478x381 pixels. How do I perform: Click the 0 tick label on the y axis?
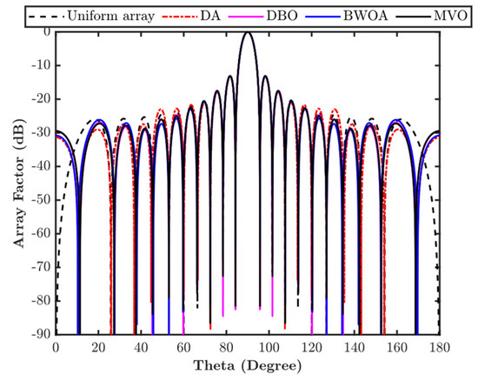[x=44, y=31]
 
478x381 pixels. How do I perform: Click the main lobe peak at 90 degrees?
[x=248, y=32]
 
